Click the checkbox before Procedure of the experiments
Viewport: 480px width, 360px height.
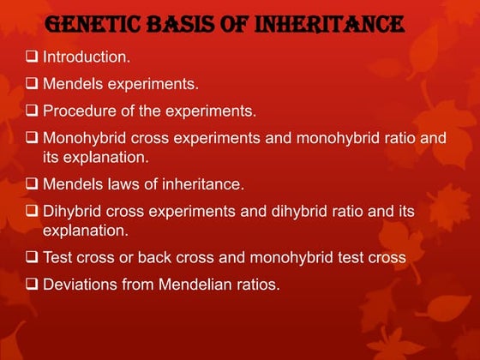(x=31, y=111)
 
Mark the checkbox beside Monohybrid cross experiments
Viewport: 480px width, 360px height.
(x=31, y=137)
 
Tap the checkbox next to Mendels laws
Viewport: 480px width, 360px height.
(x=31, y=184)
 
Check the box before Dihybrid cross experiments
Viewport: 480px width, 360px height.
(x=31, y=210)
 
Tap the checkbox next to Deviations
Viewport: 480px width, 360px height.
(x=31, y=284)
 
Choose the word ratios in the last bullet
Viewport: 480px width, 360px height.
(x=257, y=284)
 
